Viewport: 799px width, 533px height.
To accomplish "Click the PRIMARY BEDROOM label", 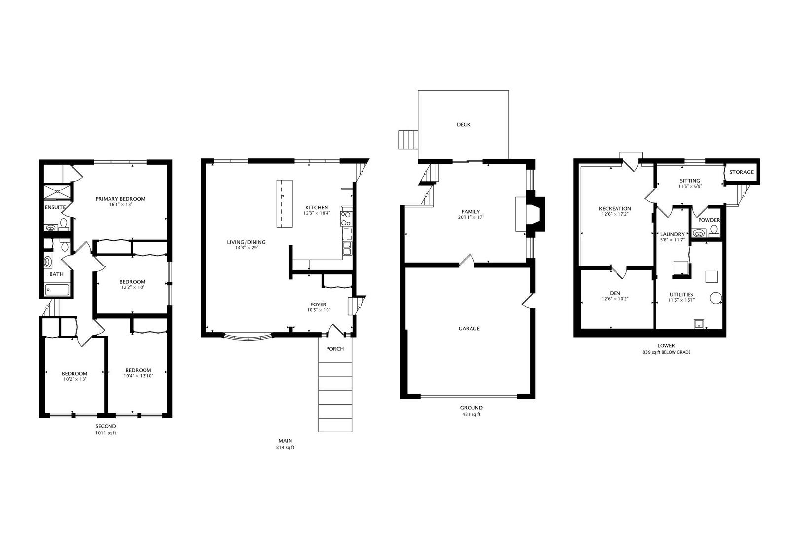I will coord(120,199).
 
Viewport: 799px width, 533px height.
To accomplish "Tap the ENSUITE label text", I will coord(55,207).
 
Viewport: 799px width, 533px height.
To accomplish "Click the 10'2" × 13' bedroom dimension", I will coord(74,379).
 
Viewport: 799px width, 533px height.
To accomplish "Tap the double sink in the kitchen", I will coord(347,248).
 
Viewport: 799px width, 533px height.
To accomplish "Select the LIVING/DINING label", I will coord(246,242).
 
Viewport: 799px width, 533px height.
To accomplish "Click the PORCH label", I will coord(335,349).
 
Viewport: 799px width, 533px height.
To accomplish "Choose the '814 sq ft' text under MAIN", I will coord(285,448).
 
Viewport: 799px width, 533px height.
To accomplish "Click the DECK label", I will coord(463,125).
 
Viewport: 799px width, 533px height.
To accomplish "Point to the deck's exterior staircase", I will coord(408,140).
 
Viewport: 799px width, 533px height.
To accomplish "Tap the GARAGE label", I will coord(469,328).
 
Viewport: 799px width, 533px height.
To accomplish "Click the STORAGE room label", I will coord(741,172).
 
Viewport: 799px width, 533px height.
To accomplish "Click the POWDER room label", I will coord(709,220).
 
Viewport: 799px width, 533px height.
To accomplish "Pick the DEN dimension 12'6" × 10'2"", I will coord(615,299).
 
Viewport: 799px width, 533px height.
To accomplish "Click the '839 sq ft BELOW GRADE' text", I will coord(666,352).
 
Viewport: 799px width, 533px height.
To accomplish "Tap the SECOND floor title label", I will coord(106,426).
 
